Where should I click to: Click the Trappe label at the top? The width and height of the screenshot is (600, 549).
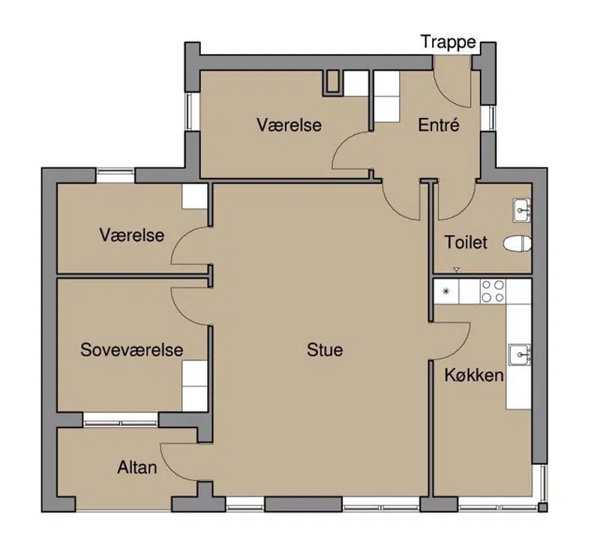coord(448,42)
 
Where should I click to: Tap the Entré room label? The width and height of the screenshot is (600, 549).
coord(439,125)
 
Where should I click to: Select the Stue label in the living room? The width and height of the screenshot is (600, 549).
coord(325,350)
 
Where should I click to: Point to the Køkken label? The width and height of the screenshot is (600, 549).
coord(474,375)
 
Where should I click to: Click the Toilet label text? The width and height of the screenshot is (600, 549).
coord(466,243)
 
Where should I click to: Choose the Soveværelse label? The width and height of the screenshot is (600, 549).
coord(132,350)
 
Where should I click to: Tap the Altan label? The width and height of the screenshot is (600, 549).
coord(137,467)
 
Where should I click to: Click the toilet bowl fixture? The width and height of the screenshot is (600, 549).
coord(517,244)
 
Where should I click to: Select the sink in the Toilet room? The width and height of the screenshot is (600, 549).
coord(522,210)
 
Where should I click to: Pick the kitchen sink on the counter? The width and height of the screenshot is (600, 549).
coord(520,355)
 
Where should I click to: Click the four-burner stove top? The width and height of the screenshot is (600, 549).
coord(493,291)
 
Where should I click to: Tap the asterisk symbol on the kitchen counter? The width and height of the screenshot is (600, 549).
coord(445,291)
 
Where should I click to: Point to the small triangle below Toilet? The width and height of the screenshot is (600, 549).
coord(456,270)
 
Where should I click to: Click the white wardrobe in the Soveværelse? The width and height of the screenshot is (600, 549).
coord(195,386)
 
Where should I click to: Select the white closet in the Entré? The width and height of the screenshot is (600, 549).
coord(386,97)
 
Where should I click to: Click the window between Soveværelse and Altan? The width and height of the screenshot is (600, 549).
coord(121,421)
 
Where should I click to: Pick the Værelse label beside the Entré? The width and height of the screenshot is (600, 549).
coord(289,125)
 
